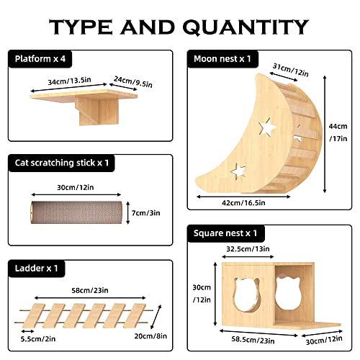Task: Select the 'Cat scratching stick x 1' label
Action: (64, 163)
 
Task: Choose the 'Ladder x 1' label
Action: (35, 268)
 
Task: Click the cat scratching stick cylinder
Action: (71, 214)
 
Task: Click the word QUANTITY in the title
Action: (240, 27)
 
